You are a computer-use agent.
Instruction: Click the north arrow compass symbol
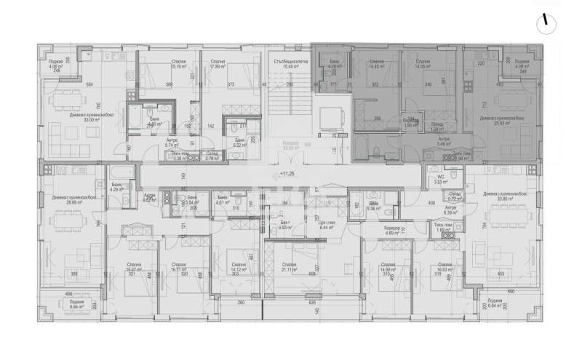pyautogui.click(x=544, y=22)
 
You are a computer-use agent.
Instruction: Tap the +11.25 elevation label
pyautogui.click(x=288, y=175)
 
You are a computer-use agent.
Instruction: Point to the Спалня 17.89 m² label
pyautogui.click(x=216, y=64)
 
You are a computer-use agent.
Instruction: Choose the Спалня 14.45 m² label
pyautogui.click(x=376, y=64)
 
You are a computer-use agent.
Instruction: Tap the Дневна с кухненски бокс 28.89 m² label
pyautogui.click(x=75, y=199)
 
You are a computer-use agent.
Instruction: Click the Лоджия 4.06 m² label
pyautogui.click(x=55, y=64)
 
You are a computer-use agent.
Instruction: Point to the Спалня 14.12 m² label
pyautogui.click(x=234, y=267)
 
